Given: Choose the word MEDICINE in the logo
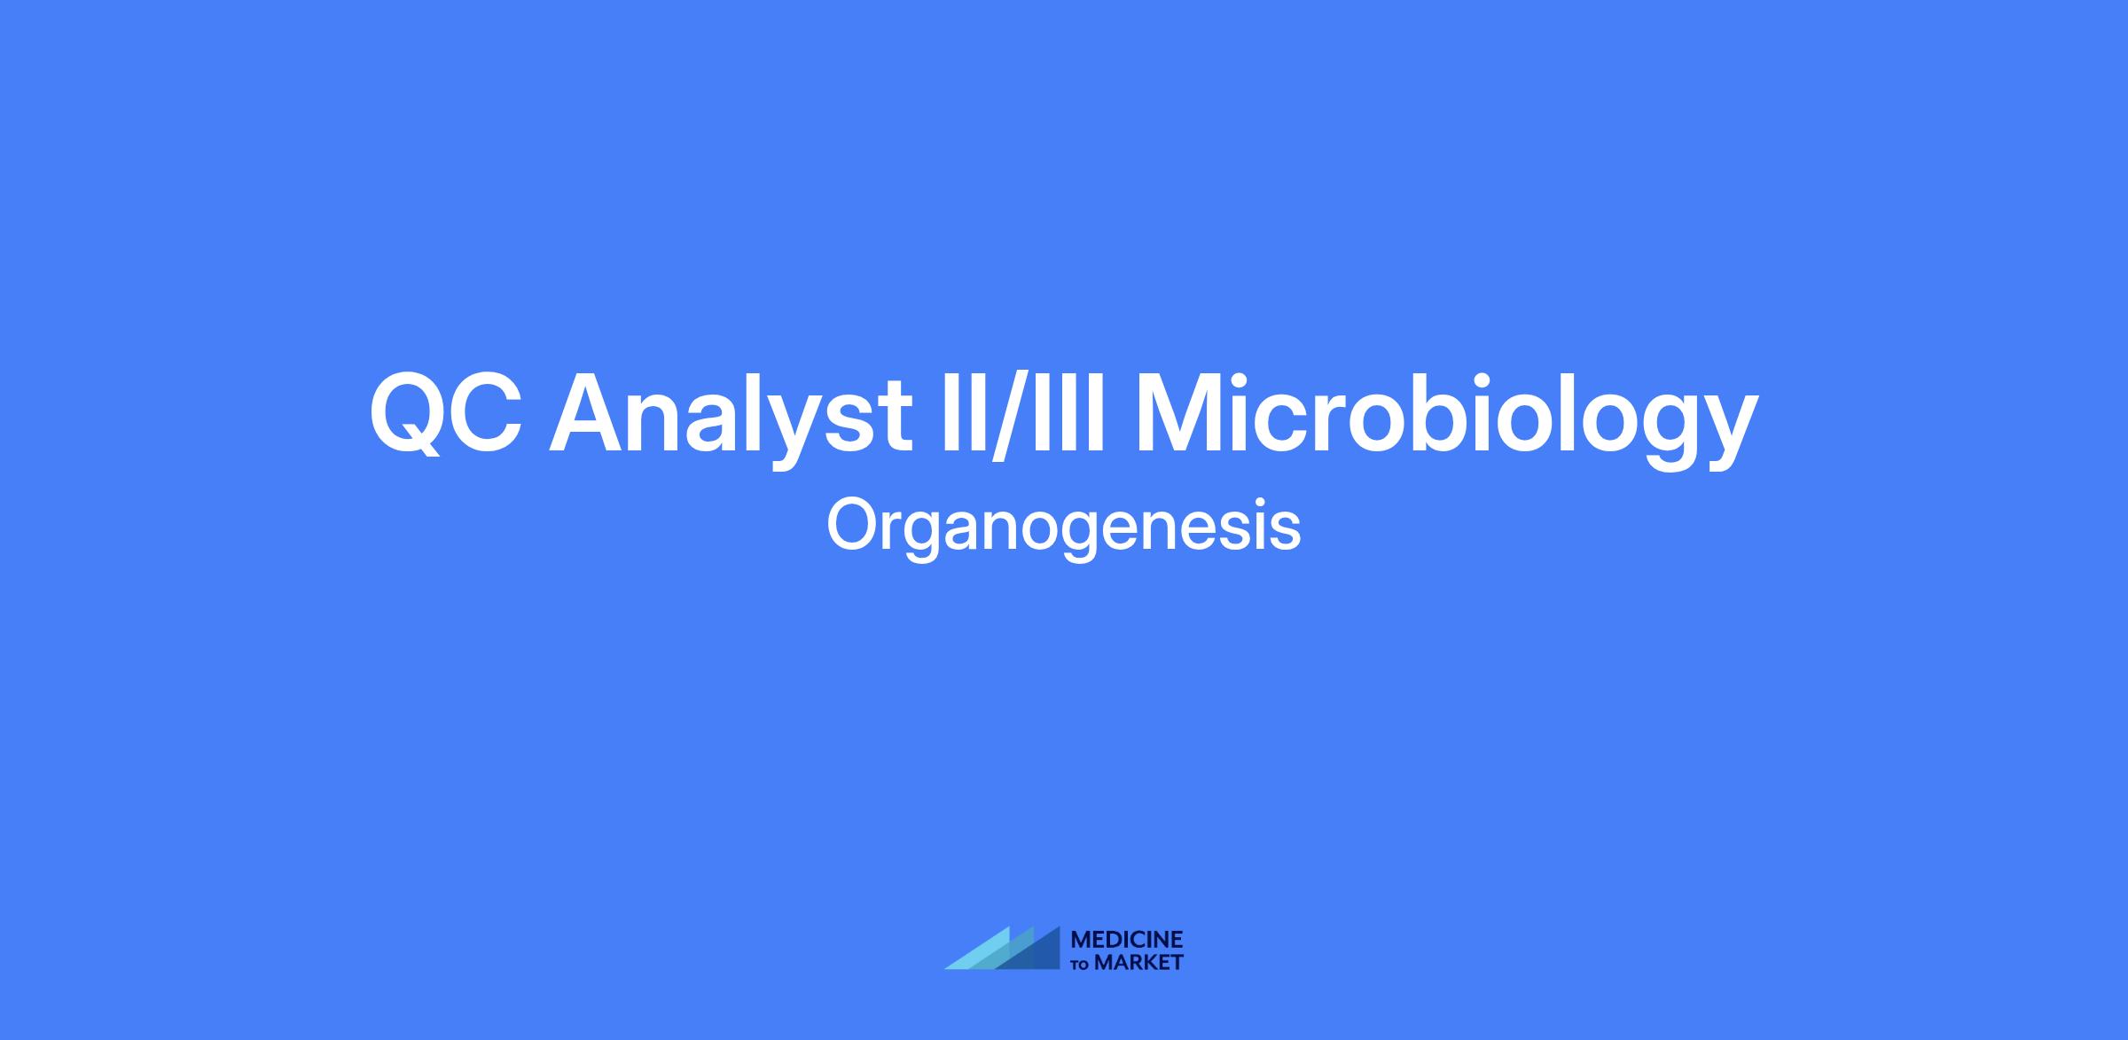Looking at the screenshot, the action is tap(1127, 940).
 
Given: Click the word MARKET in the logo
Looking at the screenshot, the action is tap(1138, 962).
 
